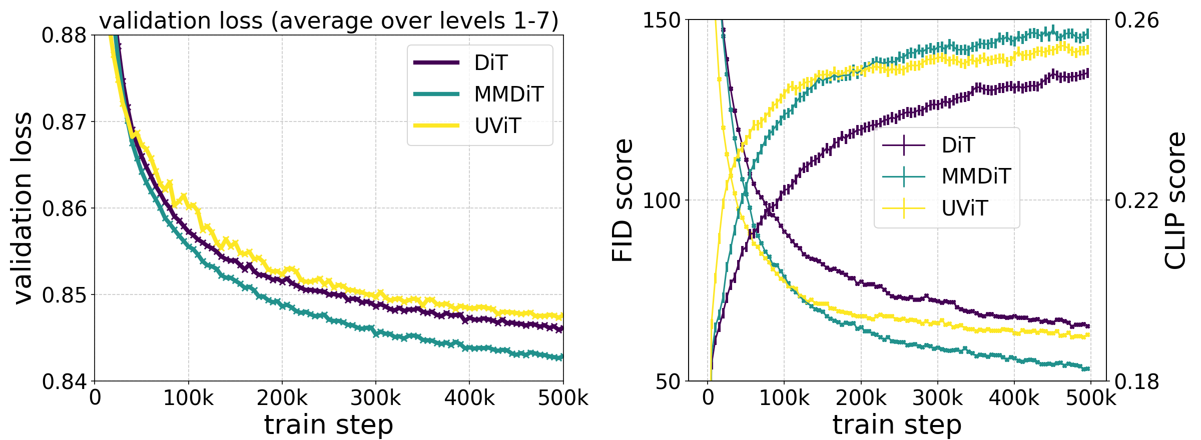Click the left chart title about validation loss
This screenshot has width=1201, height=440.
pos(329,21)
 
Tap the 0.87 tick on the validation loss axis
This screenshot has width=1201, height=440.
pos(64,122)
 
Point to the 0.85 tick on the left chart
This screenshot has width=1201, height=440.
pos(64,295)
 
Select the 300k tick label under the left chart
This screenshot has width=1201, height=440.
pos(375,398)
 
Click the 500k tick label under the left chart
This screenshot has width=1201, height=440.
pos(563,398)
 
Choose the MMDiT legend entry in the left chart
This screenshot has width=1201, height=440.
pos(479,94)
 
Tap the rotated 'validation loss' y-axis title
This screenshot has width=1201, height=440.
pos(23,207)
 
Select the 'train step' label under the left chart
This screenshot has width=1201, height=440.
pos(329,425)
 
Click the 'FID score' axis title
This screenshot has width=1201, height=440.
pos(623,200)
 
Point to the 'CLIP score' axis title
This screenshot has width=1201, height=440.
pos(1175,200)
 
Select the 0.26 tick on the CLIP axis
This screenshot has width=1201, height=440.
pos(1136,21)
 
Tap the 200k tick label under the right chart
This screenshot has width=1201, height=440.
pos(861,398)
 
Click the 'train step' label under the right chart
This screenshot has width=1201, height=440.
pos(897,425)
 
